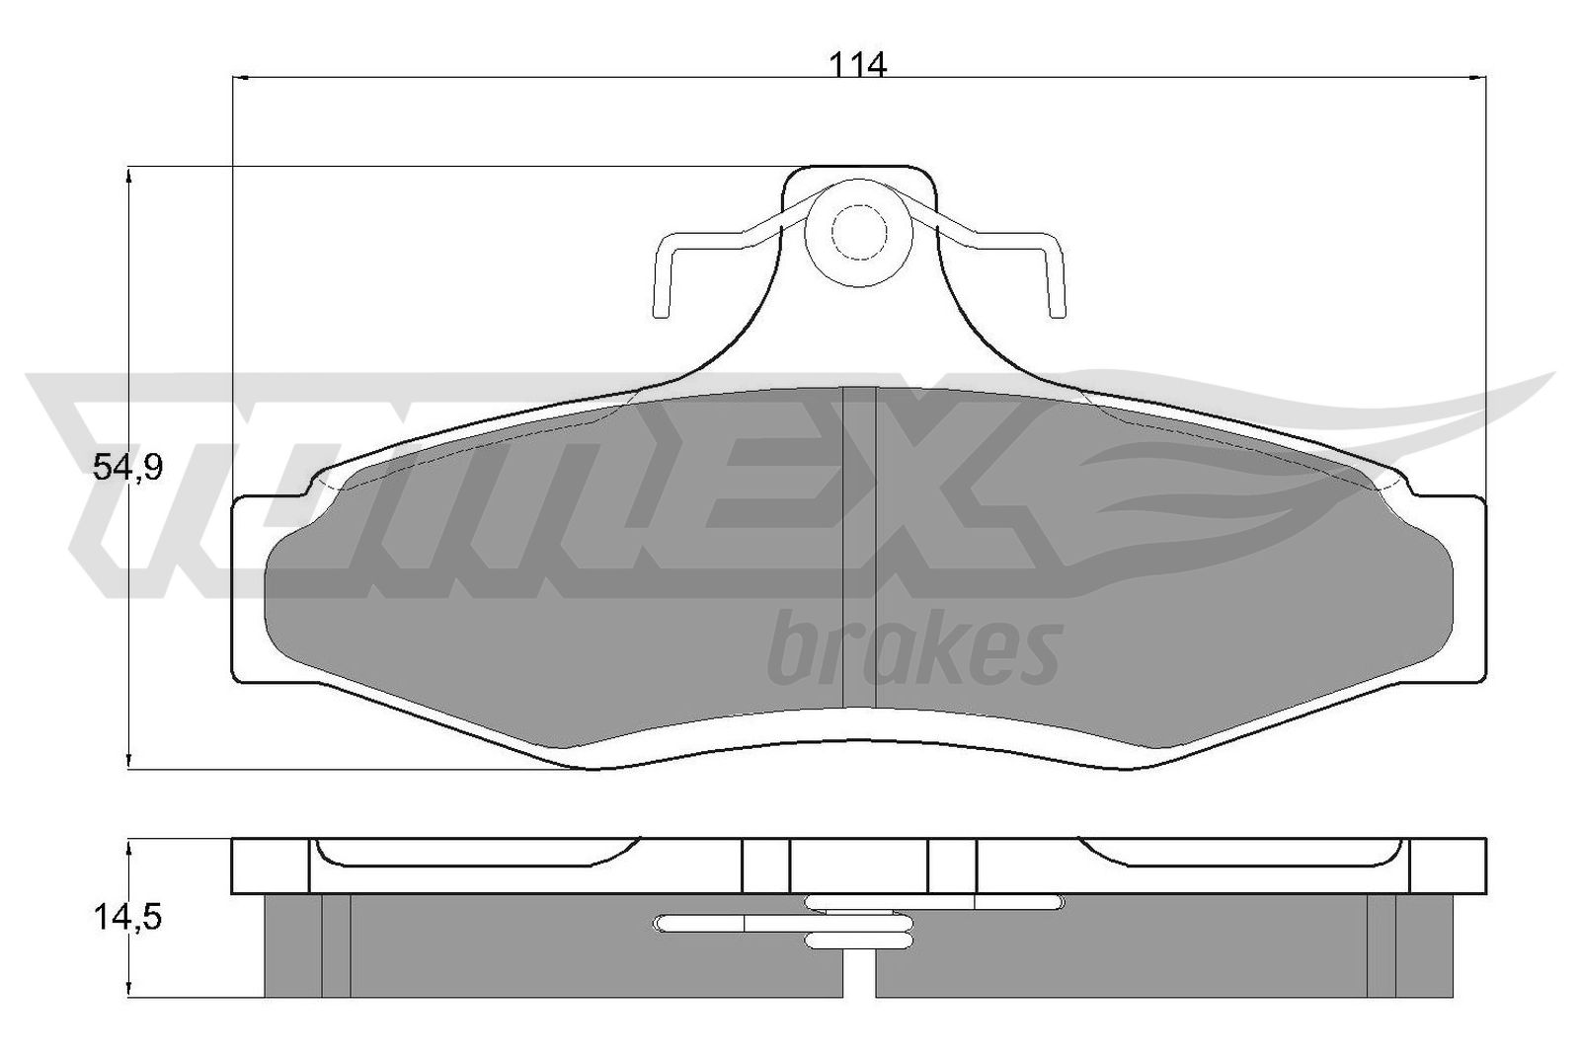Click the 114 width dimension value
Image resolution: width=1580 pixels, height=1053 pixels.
[857, 65]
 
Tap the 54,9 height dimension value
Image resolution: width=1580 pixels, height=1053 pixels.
[127, 468]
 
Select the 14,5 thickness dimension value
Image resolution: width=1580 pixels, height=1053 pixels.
[127, 917]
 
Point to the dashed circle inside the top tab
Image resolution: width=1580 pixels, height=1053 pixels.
[858, 232]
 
